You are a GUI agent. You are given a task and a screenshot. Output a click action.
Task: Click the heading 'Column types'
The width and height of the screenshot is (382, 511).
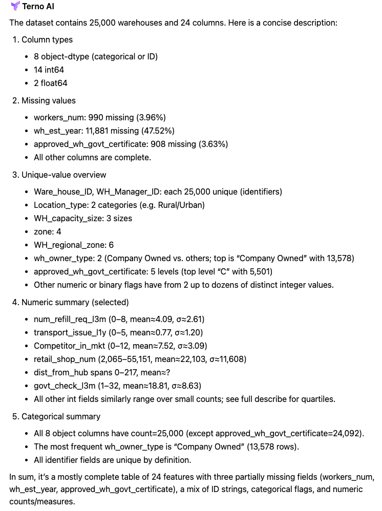tap(47, 39)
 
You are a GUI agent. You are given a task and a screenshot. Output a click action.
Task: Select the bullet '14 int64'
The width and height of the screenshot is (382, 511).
tap(49, 70)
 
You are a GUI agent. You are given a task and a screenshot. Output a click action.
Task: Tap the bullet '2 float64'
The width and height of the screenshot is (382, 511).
tap(50, 83)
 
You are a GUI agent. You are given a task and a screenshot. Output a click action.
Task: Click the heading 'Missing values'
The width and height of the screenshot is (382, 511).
tap(49, 100)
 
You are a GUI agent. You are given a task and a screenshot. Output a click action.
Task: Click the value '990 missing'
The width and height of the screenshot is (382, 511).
tap(107, 117)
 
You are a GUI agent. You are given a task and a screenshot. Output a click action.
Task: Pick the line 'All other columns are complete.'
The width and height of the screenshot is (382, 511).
tap(92, 157)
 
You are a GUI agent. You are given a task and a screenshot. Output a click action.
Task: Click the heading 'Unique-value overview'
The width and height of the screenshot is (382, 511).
tap(63, 175)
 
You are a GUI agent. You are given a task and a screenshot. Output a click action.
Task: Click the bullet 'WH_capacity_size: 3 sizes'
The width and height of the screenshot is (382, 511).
tap(83, 218)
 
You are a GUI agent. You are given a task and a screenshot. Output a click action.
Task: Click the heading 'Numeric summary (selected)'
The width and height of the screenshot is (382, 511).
tap(75, 302)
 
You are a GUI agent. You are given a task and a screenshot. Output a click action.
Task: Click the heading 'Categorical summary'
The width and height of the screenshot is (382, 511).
tap(60, 416)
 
